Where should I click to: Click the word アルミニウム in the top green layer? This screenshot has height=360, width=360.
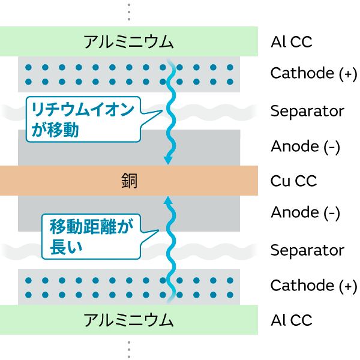[128, 41]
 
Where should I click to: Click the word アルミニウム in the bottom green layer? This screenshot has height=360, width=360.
[128, 320]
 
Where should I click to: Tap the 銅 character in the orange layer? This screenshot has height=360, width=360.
[128, 181]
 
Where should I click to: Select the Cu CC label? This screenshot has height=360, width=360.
[293, 181]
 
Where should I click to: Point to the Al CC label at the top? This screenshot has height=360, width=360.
[292, 41]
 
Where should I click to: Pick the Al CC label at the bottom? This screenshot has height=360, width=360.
[292, 320]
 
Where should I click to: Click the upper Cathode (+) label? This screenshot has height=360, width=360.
[313, 73]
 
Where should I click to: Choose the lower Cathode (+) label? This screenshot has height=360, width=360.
[313, 286]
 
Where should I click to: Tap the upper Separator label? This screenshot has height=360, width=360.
[307, 111]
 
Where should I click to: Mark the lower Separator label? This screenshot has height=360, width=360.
[307, 250]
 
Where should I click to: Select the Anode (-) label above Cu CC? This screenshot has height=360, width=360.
[305, 146]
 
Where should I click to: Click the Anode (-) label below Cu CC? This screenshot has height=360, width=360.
[305, 212]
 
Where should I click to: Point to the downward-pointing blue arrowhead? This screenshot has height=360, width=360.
[169, 160]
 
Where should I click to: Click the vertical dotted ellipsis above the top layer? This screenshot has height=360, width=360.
[128, 11]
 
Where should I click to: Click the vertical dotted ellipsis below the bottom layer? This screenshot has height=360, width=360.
[128, 349]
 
